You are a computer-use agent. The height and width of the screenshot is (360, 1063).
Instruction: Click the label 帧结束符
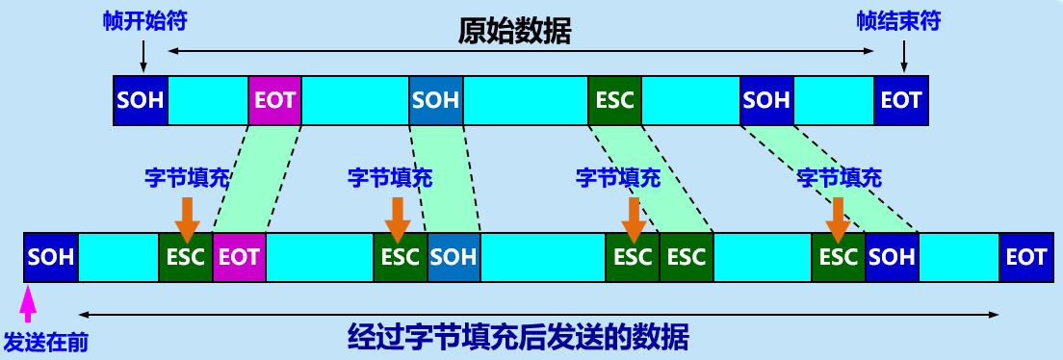point(899,21)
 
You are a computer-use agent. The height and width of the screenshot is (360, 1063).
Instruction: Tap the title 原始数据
point(514,31)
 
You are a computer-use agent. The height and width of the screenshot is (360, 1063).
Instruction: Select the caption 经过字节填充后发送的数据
point(518,336)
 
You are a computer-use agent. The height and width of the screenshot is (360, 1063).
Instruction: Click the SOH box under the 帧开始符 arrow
point(141,100)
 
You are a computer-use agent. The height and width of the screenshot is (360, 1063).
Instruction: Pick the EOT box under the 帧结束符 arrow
point(901,100)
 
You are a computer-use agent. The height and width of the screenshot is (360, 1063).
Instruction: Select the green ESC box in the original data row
point(615,100)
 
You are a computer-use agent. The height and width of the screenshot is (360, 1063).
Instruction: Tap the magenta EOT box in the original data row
point(274,100)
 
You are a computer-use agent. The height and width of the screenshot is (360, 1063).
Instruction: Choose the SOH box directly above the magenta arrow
point(51,257)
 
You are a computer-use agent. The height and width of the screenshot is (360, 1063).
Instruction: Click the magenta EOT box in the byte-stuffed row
point(240,257)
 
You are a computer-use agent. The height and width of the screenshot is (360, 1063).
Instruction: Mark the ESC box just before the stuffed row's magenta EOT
point(186,257)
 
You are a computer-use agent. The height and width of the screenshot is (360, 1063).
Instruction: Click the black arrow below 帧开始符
point(143,55)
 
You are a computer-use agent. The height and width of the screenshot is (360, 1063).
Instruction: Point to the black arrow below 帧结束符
point(904,55)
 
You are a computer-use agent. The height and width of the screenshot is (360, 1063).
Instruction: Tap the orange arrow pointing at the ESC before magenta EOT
point(187,219)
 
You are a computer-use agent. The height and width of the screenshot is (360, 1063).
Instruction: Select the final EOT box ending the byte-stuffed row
point(1026,257)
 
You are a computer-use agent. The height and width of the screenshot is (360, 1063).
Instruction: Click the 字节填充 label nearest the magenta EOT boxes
point(187,178)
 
